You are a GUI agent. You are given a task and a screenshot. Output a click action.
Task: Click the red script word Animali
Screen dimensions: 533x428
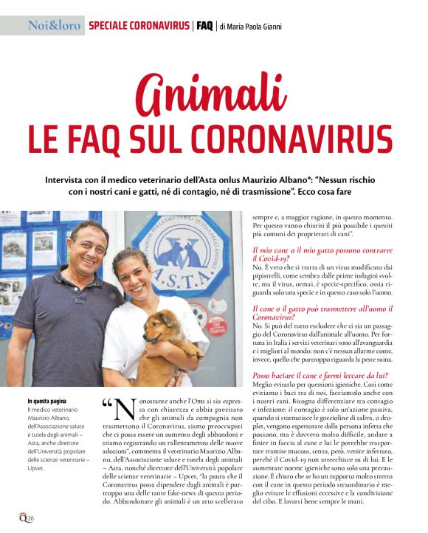(x=214, y=95)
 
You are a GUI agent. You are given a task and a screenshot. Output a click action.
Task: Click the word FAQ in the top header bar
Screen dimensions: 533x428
(x=205, y=25)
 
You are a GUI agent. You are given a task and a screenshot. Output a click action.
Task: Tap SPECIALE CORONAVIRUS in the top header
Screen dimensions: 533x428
(x=139, y=25)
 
